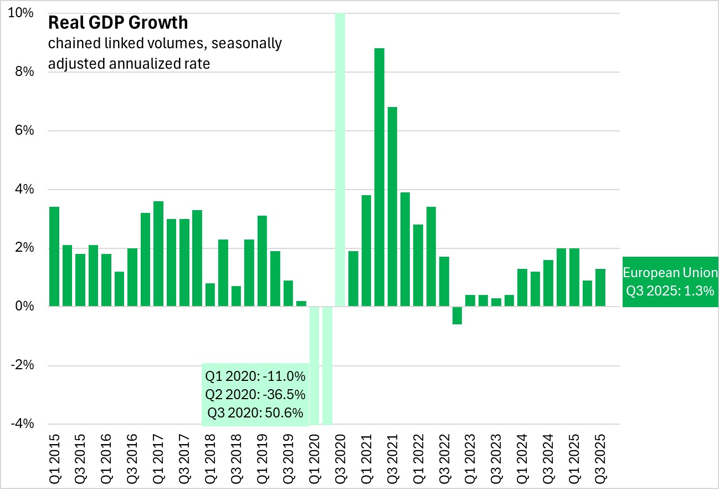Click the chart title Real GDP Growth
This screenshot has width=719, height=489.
tap(118, 23)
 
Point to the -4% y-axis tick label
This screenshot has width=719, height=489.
tap(22, 424)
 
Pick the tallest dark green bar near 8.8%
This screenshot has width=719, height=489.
tap(379, 177)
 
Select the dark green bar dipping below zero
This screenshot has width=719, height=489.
tap(457, 315)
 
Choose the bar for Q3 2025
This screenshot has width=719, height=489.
tap(600, 288)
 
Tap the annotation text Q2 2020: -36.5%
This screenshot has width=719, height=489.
tap(255, 395)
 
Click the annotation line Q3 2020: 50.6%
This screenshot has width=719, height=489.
tap(255, 413)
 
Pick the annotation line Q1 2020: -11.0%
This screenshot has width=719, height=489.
tap(255, 377)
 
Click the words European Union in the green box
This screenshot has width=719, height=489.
tap(670, 273)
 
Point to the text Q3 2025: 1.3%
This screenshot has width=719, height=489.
tap(670, 291)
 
